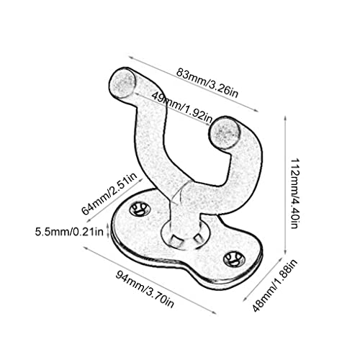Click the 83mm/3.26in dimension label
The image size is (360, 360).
(207, 83)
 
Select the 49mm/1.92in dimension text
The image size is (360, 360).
(182, 107)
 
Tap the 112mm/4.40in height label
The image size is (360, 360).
(294, 193)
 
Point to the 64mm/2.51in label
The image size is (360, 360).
(109, 194)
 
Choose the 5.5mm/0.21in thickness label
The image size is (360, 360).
(69, 232)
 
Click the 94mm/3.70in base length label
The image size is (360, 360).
(145, 289)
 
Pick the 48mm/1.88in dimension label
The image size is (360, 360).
(275, 285)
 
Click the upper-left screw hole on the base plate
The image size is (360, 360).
(140, 210)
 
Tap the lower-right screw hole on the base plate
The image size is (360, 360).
(234, 259)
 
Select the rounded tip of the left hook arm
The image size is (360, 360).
(122, 82)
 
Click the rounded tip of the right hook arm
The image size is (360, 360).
(225, 133)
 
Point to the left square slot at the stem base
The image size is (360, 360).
(176, 240)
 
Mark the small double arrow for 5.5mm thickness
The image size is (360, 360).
(108, 231)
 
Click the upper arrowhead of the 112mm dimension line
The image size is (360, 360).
(285, 118)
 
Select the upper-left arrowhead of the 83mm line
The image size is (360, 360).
(131, 58)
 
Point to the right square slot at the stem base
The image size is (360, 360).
(198, 238)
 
